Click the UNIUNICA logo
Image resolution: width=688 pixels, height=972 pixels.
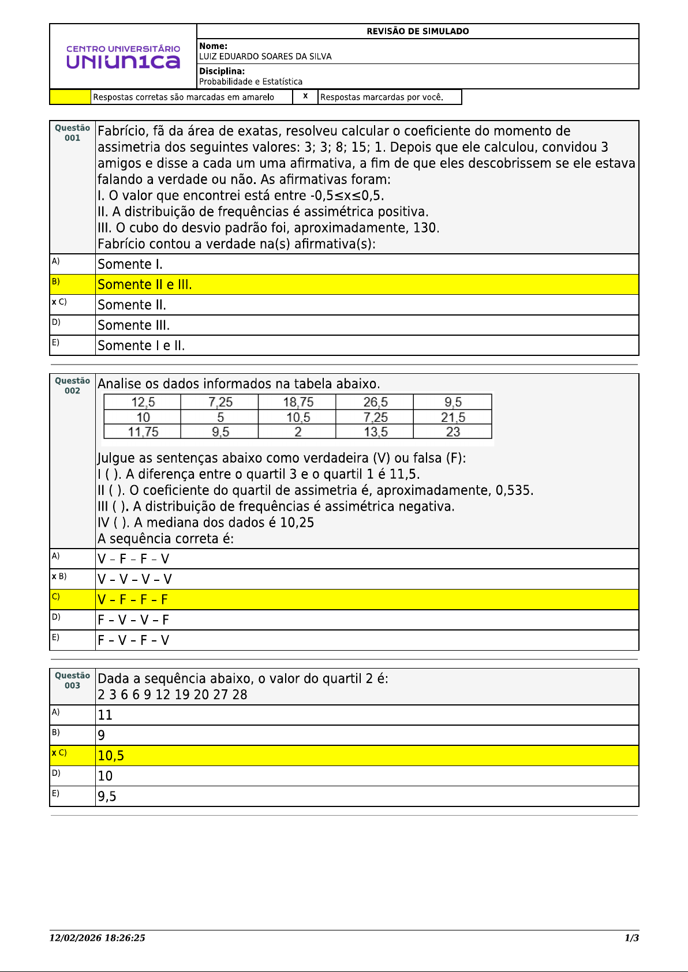point(123,57)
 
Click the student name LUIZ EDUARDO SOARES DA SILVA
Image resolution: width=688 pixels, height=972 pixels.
point(266,57)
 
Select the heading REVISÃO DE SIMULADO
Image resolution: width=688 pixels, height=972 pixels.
point(417,31)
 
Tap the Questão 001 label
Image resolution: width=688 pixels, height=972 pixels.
point(72,133)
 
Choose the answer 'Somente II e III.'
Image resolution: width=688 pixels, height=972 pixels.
point(145,284)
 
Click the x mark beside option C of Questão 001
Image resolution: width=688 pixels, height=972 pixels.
point(54,302)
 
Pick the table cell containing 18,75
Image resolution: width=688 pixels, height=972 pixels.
point(298,402)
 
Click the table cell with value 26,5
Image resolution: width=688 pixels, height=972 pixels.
point(375,402)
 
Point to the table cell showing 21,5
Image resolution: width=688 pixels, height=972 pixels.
point(453,417)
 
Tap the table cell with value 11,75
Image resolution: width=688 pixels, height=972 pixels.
point(143,432)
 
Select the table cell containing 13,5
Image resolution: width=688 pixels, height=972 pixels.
point(375,432)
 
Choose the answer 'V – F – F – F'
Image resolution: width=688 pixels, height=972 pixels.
point(133,600)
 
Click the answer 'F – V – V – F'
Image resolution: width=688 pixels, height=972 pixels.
point(133,620)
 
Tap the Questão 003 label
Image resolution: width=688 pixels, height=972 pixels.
point(72,680)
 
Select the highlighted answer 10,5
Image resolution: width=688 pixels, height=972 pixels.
point(111,756)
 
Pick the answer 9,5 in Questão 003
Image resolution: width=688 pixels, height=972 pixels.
point(107,797)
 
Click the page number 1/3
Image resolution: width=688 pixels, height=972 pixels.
point(631,938)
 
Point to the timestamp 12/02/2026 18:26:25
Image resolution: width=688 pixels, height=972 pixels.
point(97,938)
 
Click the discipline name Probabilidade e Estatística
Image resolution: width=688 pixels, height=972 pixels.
point(250,81)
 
